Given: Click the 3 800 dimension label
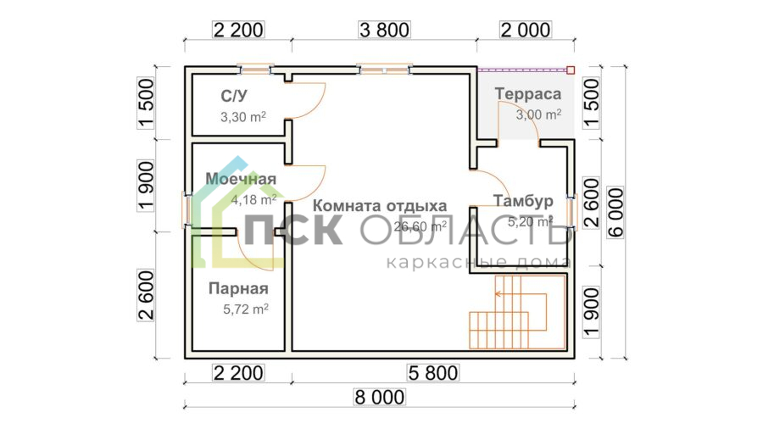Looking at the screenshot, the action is (x=384, y=30).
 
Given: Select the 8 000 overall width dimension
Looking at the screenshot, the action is (x=380, y=398).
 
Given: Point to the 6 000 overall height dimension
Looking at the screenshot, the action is (x=615, y=213).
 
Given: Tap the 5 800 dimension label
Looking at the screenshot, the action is (x=433, y=373).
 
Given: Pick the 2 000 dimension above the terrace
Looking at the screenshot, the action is (x=526, y=30).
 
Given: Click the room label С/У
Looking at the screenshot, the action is (x=234, y=96).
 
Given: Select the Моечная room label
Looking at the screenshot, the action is (x=241, y=179).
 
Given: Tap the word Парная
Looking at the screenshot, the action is (x=238, y=288).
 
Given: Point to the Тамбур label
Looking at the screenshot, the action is (x=523, y=200).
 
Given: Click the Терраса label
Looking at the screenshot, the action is (x=528, y=94).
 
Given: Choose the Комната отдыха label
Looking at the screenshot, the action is (x=380, y=205).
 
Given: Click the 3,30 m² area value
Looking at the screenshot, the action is (x=243, y=117).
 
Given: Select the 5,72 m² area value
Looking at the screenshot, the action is (x=246, y=309).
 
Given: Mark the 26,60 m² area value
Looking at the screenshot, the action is (x=420, y=226).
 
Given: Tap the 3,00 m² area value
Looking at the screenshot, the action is (x=538, y=114).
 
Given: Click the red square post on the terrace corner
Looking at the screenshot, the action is (x=571, y=70).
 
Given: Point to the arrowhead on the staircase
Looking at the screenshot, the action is (x=498, y=294).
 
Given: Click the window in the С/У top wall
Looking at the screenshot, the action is (x=255, y=70).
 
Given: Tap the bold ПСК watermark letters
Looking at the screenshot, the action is (x=292, y=230).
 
